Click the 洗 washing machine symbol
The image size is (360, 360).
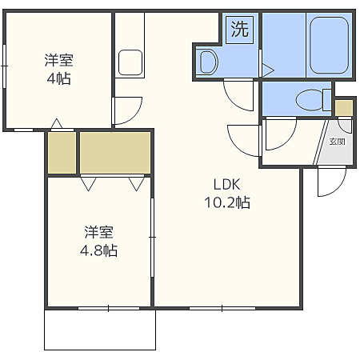239,30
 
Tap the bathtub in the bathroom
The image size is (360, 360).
330,46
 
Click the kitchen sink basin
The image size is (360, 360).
130,62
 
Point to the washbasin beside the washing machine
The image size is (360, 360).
209,62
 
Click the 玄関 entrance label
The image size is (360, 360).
338,142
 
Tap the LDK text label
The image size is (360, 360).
227,184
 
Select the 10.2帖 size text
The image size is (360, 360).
227,202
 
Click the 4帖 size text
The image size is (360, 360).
58,78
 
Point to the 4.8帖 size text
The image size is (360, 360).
98,250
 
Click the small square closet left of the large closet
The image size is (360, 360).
62,153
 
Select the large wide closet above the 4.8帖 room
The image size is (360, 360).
115,153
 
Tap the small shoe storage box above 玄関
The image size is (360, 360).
344,108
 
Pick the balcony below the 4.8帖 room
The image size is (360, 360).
100,330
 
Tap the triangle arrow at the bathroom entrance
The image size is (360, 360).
268,70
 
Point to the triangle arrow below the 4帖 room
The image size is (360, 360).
57,124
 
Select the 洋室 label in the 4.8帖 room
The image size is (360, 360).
98,232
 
